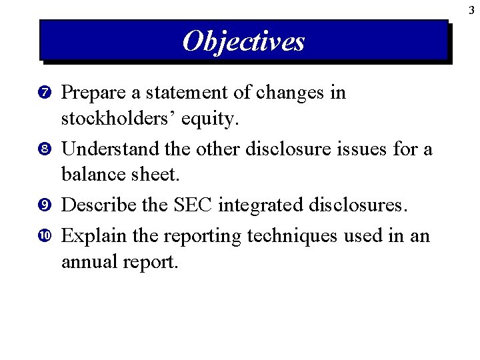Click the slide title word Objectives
tap(243, 41)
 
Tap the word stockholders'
tap(113, 121)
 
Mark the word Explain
tap(91, 235)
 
